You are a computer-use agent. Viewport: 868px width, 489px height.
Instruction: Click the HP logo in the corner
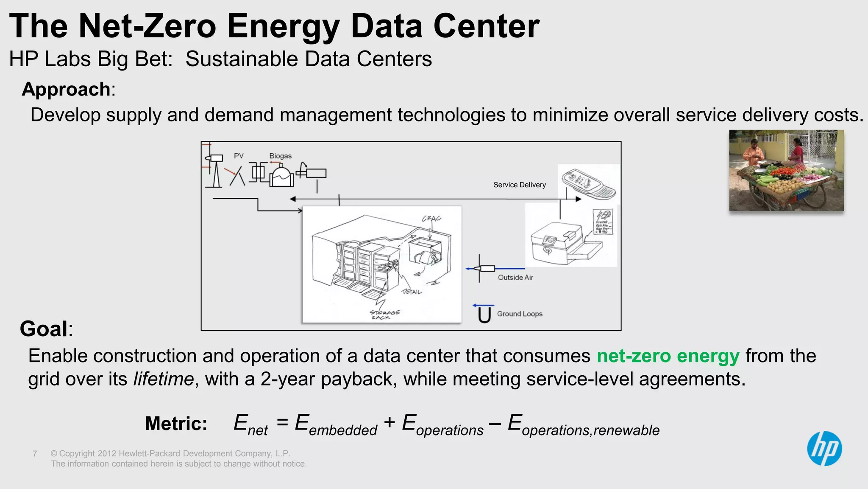[x=824, y=449]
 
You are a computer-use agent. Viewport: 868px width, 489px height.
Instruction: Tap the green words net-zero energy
[x=668, y=356]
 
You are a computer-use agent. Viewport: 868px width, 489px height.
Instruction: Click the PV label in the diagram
[x=239, y=156]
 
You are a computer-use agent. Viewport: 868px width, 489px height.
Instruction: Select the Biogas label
[x=280, y=156]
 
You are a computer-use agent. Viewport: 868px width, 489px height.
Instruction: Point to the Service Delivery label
[x=519, y=185]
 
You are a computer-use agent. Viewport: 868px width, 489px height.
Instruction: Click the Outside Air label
[x=515, y=277]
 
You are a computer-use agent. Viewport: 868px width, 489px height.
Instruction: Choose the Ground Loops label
[x=520, y=314]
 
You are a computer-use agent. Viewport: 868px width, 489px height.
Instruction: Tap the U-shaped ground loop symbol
[x=484, y=315]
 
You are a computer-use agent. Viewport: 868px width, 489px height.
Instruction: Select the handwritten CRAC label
[x=431, y=219]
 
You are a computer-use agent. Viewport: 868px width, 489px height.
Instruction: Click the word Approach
[x=66, y=90]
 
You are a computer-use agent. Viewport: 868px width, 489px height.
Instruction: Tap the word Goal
[x=44, y=329]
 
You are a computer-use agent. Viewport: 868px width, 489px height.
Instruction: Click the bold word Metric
[x=176, y=424]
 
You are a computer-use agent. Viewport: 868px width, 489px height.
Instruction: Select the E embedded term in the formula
[x=335, y=425]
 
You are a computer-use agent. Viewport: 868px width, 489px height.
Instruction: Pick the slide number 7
[x=35, y=454]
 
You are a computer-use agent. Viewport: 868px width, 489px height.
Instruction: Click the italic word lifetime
[x=163, y=379]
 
